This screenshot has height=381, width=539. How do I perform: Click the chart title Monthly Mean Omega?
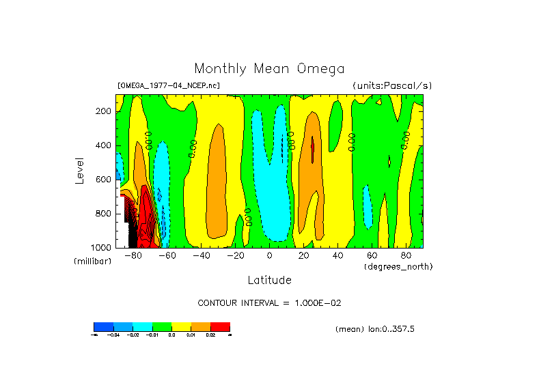point(269,68)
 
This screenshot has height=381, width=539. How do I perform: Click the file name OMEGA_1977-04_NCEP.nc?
point(169,85)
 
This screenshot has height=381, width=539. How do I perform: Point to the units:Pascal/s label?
point(392,85)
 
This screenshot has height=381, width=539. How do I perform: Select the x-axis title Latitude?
point(269,280)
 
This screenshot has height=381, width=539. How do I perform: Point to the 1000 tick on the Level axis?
point(102,247)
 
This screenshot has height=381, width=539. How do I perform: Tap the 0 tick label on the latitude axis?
point(269,255)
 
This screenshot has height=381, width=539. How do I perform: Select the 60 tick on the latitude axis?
point(372,255)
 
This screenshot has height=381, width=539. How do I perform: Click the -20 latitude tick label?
point(235,255)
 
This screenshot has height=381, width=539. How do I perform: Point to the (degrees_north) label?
point(398,266)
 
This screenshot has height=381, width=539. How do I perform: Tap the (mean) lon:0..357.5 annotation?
point(375,329)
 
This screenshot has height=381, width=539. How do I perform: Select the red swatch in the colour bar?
point(220,326)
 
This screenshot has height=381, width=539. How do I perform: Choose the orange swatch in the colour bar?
point(200,326)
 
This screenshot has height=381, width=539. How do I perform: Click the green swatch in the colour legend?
point(161,326)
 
